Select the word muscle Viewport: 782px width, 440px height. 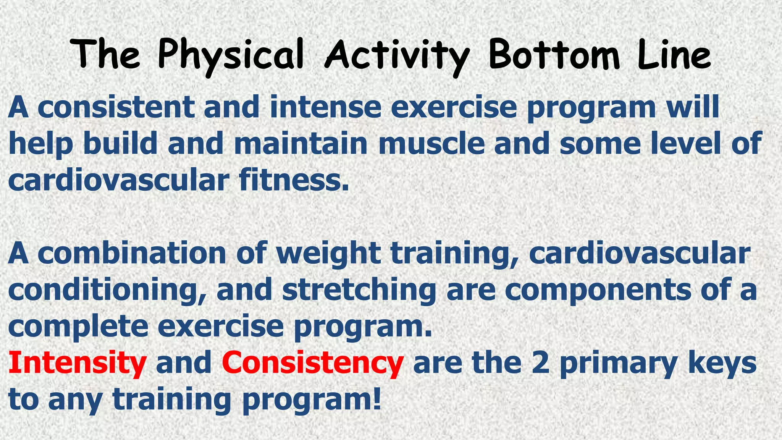[431, 144]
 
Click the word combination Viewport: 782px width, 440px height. [132, 254]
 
